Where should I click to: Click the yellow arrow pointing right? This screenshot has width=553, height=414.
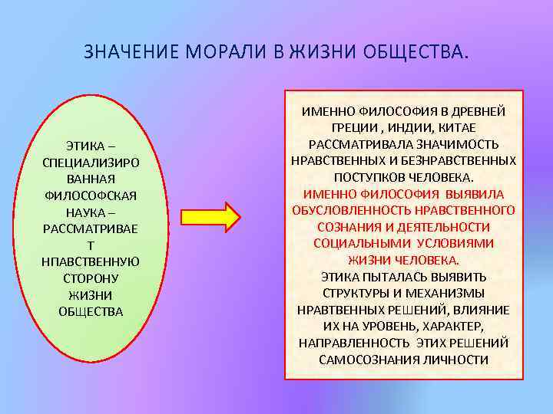[211, 217]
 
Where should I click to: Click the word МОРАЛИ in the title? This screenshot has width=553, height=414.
[224, 53]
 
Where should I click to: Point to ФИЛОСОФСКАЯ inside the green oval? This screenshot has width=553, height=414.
[91, 195]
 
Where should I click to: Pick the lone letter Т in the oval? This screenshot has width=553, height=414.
[91, 245]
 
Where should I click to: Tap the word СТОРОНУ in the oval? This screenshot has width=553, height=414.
[91, 278]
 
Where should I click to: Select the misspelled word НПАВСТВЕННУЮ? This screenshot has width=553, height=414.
[91, 261]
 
